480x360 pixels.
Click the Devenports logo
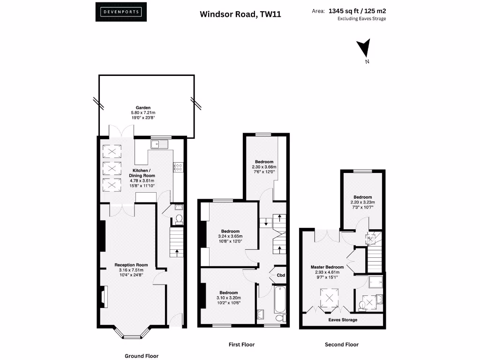pyautogui.click(x=121, y=12)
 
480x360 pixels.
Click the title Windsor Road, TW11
pyautogui.click(x=240, y=14)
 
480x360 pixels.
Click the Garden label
pyautogui.click(x=143, y=108)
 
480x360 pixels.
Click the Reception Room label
pyautogui.click(x=131, y=265)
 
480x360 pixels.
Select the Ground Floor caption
pyautogui.click(x=142, y=356)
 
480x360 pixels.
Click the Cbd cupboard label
pyautogui.click(x=281, y=275)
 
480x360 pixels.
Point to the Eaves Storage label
pyautogui.click(x=343, y=320)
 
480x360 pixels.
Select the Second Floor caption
pyautogui.click(x=342, y=345)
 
